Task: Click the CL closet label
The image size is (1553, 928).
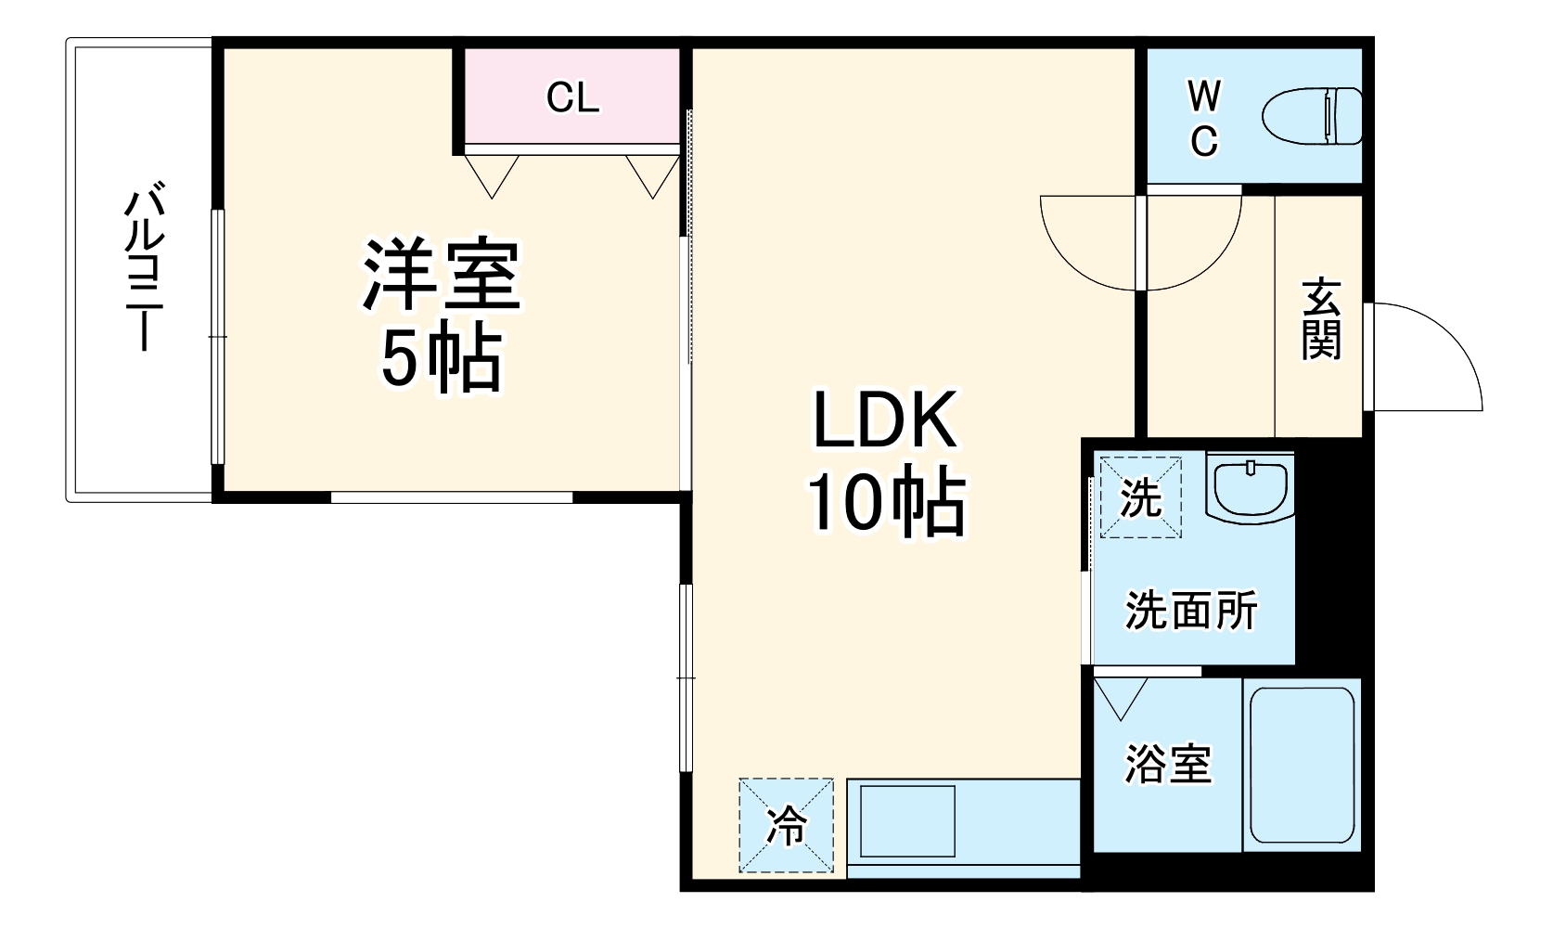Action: pyautogui.click(x=572, y=97)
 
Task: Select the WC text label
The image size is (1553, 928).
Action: pyautogui.click(x=1203, y=118)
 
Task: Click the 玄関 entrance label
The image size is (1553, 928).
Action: pyautogui.click(x=1320, y=317)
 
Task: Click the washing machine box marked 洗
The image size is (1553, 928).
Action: pyautogui.click(x=1140, y=497)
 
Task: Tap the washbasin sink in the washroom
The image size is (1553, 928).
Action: pyautogui.click(x=1250, y=486)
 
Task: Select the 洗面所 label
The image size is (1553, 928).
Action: pyautogui.click(x=1191, y=611)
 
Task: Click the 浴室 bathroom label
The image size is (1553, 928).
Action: pyautogui.click(x=1168, y=764)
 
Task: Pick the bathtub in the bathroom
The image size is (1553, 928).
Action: pyautogui.click(x=1302, y=764)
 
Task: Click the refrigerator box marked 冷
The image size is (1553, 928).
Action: pyautogui.click(x=787, y=825)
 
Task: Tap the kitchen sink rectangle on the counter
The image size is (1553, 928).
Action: pyautogui.click(x=906, y=821)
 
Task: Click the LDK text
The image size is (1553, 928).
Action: pyautogui.click(x=884, y=420)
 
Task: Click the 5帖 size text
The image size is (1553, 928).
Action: pyautogui.click(x=442, y=357)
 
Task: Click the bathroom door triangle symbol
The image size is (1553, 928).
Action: pyautogui.click(x=1121, y=695)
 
